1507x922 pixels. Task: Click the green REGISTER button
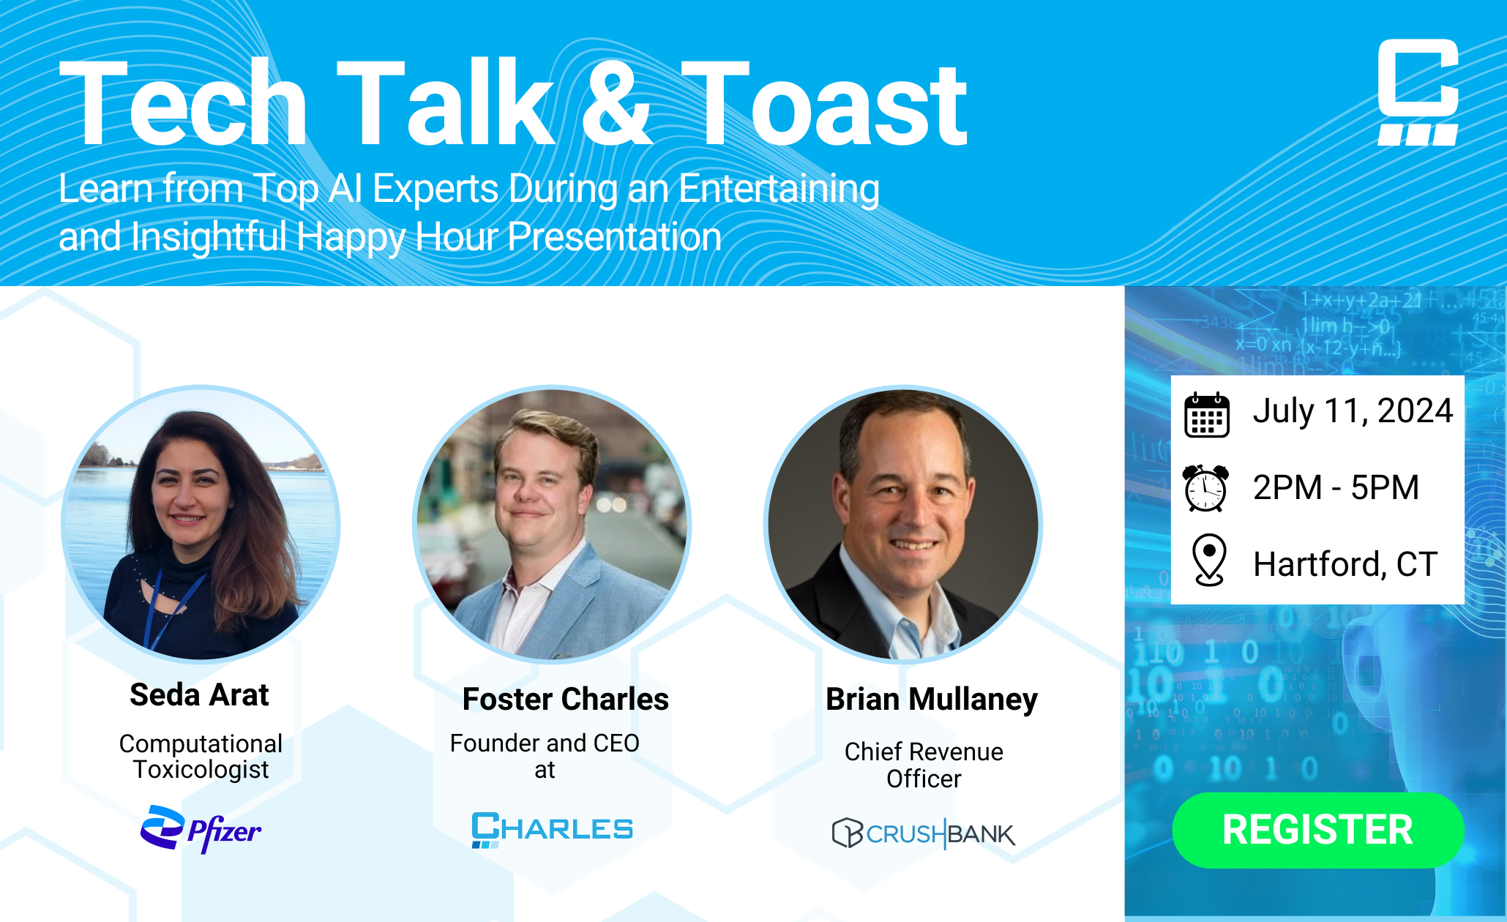1317,830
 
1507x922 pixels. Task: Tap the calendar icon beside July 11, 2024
1206,414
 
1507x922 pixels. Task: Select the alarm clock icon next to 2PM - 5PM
1205,488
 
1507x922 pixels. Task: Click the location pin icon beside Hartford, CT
1209,560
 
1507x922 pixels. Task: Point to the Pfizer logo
201,829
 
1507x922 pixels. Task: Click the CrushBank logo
924,833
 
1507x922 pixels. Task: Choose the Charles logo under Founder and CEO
552,829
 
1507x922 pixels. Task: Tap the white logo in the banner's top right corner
1418,92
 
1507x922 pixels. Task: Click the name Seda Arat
199,694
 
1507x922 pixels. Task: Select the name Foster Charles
565,699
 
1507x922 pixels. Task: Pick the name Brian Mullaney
931,699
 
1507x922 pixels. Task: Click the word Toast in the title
824,105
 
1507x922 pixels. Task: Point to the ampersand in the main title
616,105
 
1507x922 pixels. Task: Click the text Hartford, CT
1345,564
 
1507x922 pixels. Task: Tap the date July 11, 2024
1353,411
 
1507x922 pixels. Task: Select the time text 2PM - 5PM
1336,487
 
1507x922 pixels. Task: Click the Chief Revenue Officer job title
924,765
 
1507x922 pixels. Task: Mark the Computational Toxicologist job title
201,756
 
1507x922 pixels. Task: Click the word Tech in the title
183,105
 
